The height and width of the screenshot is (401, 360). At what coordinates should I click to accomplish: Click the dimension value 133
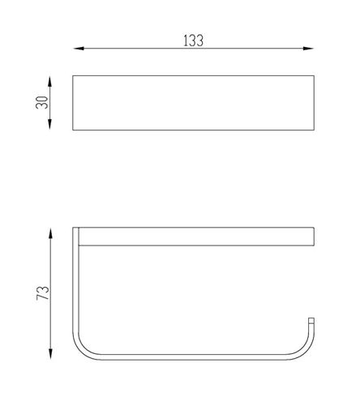pyautogui.click(x=193, y=41)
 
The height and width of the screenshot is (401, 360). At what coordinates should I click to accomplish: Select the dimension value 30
pyautogui.click(x=42, y=103)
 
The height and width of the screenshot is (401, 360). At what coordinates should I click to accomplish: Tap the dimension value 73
pyautogui.click(x=43, y=292)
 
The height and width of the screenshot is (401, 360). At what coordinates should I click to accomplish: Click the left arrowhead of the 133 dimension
pyautogui.click(x=79, y=49)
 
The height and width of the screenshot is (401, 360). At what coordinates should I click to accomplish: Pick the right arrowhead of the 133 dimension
pyautogui.click(x=308, y=49)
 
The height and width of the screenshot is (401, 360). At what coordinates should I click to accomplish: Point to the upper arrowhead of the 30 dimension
pyautogui.click(x=49, y=82)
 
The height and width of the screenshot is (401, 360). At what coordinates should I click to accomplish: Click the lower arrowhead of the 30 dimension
pyautogui.click(x=49, y=124)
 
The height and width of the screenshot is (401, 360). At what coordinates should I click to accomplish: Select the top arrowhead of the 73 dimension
pyautogui.click(x=50, y=234)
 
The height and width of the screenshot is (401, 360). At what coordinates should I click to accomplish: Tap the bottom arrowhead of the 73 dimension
pyautogui.click(x=50, y=354)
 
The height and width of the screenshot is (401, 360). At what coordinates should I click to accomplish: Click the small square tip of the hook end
pyautogui.click(x=311, y=321)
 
